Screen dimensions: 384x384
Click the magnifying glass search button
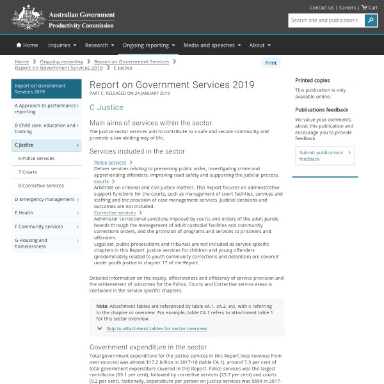(x=371, y=20)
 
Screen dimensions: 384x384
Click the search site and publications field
(x=326, y=20)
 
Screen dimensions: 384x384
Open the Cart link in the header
(x=369, y=8)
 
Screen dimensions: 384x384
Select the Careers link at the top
(x=348, y=8)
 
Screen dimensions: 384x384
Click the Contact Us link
(x=322, y=8)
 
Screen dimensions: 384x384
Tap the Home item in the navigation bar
(x=28, y=45)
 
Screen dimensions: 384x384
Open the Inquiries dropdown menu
(x=62, y=45)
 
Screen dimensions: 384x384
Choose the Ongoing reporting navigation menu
(x=149, y=45)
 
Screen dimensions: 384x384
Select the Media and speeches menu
(x=212, y=45)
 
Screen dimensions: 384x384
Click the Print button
(x=271, y=63)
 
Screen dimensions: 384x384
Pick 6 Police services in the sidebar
(x=36, y=158)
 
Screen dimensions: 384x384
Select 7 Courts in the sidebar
(x=28, y=172)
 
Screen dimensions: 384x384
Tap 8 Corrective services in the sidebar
(x=41, y=186)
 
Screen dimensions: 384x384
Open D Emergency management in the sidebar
(x=45, y=199)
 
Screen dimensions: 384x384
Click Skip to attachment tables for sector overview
(x=156, y=328)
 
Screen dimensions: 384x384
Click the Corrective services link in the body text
(x=115, y=212)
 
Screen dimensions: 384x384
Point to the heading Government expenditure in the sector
(x=148, y=347)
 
